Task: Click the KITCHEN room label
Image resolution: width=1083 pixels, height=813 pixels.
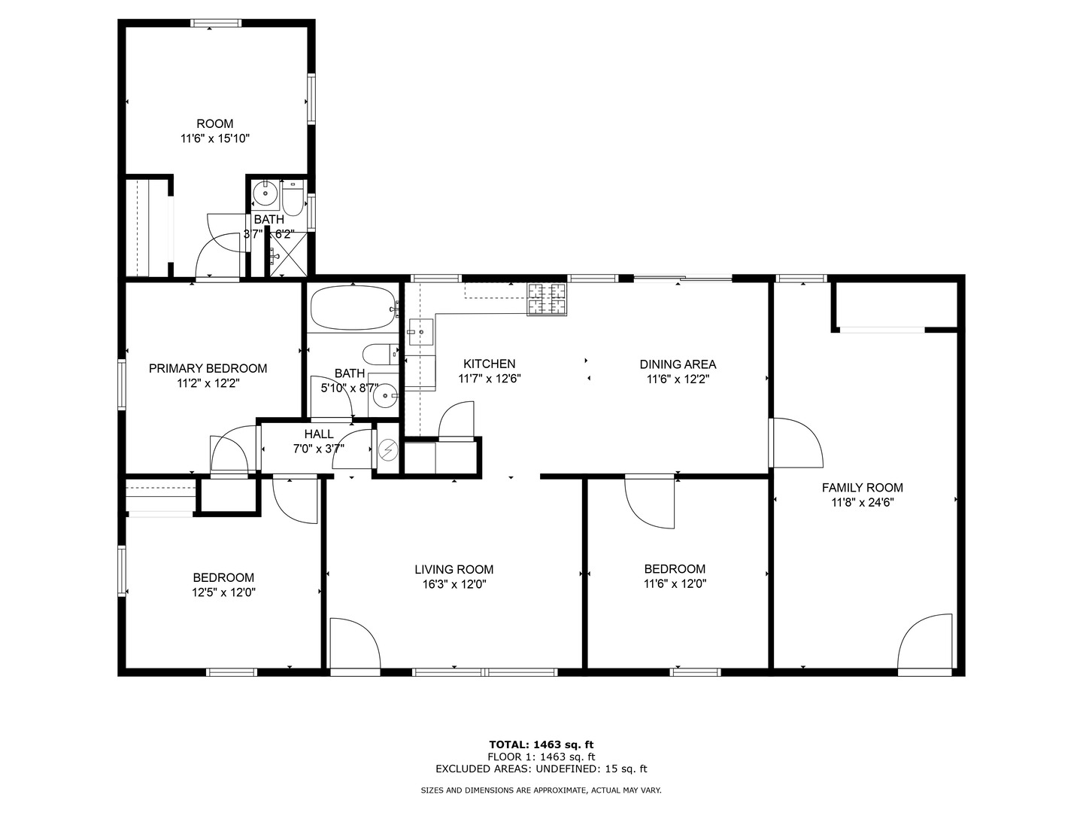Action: pyautogui.click(x=489, y=364)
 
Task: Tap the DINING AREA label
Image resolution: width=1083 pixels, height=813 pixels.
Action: pyautogui.click(x=678, y=364)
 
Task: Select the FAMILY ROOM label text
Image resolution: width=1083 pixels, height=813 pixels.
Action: pyautogui.click(x=862, y=488)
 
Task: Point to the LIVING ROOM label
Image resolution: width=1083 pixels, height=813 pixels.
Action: pyautogui.click(x=454, y=570)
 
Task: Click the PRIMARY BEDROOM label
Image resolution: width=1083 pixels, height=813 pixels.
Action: pyautogui.click(x=208, y=368)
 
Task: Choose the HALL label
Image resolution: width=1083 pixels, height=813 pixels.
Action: pyautogui.click(x=319, y=434)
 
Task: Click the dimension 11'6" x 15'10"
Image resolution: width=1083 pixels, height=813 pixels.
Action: pyautogui.click(x=215, y=139)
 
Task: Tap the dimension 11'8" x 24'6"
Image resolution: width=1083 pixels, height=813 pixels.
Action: pyautogui.click(x=863, y=503)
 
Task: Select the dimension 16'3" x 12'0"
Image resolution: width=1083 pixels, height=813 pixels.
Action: pyautogui.click(x=454, y=584)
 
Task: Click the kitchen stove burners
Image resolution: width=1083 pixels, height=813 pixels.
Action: pyautogui.click(x=548, y=299)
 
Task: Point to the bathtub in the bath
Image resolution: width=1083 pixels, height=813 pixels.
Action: pyautogui.click(x=353, y=308)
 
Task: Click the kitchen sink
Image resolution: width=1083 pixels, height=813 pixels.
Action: pyautogui.click(x=421, y=332)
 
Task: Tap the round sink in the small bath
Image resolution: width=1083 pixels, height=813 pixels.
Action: pyautogui.click(x=265, y=193)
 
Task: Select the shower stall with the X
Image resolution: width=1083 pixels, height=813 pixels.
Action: pyautogui.click(x=288, y=254)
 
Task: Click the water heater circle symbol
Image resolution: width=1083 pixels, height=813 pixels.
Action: pyautogui.click(x=388, y=449)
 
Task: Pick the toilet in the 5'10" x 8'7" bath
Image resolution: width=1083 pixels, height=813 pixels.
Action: pyautogui.click(x=381, y=354)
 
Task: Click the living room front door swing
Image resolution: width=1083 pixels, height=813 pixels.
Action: pyautogui.click(x=355, y=642)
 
